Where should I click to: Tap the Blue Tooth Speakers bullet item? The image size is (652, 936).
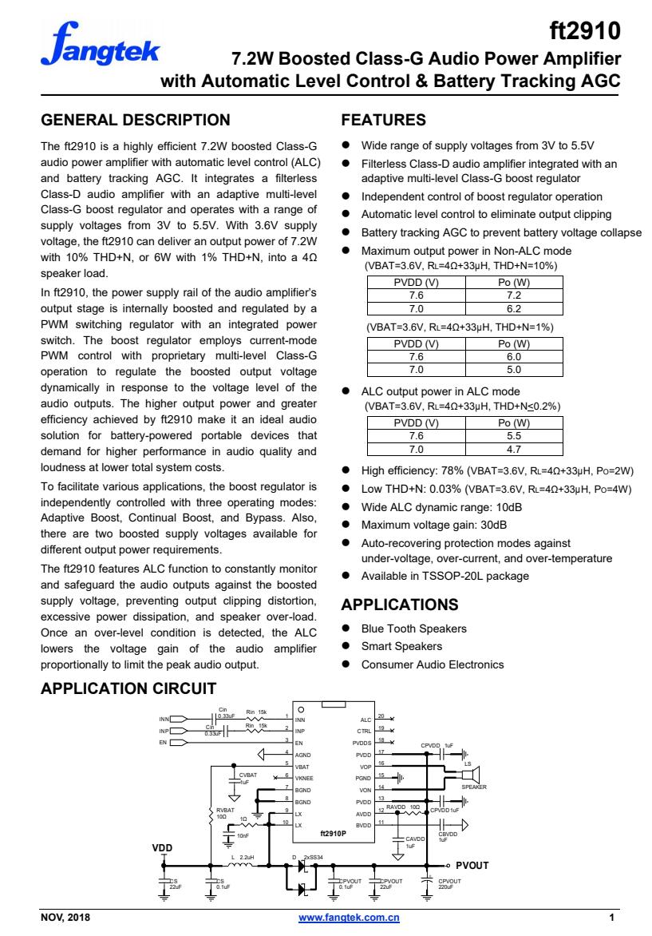(414, 628)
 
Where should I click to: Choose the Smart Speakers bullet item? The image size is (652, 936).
(401, 646)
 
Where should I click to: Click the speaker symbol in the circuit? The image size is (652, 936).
(470, 772)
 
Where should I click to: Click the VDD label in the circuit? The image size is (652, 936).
(163, 847)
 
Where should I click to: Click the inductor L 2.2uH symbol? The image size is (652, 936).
(242, 865)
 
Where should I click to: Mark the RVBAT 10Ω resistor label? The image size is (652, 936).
(225, 812)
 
